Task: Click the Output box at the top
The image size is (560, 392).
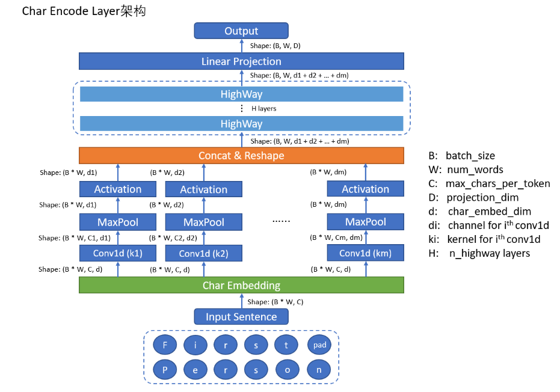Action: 241,31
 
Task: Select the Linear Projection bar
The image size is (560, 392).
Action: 241,61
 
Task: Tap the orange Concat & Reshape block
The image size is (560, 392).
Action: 241,156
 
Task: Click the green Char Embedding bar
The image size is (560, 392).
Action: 241,285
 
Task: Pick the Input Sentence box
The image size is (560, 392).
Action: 241,317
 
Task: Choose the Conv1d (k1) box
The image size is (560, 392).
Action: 118,253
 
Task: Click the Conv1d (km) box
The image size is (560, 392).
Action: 365,253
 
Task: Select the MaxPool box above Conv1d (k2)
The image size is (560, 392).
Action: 203,222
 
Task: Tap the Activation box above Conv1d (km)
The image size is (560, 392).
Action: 365,189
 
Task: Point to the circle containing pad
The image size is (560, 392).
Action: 319,345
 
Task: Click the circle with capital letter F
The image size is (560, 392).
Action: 165,345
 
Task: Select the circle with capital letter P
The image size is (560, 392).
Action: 165,370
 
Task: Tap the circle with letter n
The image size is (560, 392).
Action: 319,370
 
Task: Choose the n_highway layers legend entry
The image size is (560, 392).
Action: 479,253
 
